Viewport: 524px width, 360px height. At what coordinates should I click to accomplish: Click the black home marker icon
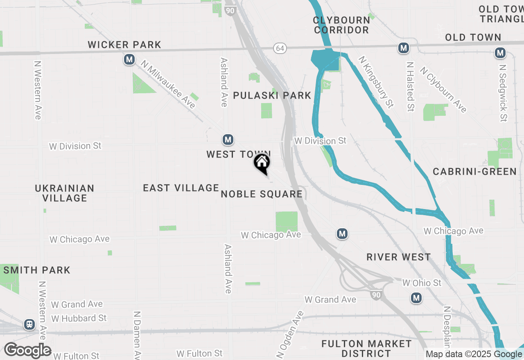click(262, 163)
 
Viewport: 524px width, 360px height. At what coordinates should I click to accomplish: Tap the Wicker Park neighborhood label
click(124, 45)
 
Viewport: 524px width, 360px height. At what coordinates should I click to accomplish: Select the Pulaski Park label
click(272, 95)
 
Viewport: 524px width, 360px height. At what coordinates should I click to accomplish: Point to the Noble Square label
click(262, 194)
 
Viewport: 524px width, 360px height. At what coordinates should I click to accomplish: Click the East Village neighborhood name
click(181, 188)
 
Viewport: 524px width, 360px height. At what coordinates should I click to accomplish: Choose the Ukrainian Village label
click(65, 193)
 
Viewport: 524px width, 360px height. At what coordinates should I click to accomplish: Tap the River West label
click(398, 257)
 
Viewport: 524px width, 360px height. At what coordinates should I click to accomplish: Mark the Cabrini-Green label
click(475, 171)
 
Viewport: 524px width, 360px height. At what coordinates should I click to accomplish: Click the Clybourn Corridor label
click(341, 25)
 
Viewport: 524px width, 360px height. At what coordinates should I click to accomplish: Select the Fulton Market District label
click(366, 348)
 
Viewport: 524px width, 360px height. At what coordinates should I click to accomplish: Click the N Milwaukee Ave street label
click(168, 84)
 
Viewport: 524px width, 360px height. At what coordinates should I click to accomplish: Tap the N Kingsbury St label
click(376, 82)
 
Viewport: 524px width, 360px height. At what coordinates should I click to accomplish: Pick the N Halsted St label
click(410, 87)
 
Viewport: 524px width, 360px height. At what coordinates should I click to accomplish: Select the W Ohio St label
click(422, 283)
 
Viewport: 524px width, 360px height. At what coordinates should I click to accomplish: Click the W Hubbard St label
click(79, 318)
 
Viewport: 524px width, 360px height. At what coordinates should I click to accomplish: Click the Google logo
click(27, 351)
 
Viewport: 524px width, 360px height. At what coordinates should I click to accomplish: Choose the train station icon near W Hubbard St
click(29, 324)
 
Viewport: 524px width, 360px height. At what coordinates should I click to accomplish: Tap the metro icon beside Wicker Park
click(129, 60)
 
